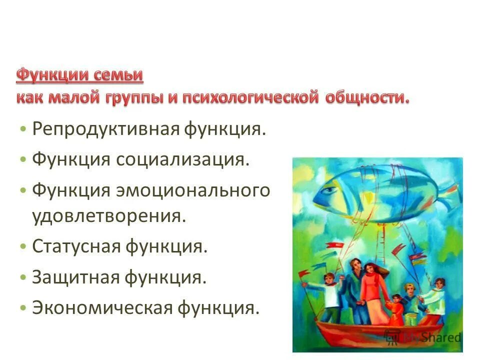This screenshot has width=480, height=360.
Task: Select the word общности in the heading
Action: point(367,96)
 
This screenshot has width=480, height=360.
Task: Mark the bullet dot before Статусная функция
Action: point(24,246)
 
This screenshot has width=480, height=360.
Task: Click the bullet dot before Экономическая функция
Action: point(24,307)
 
